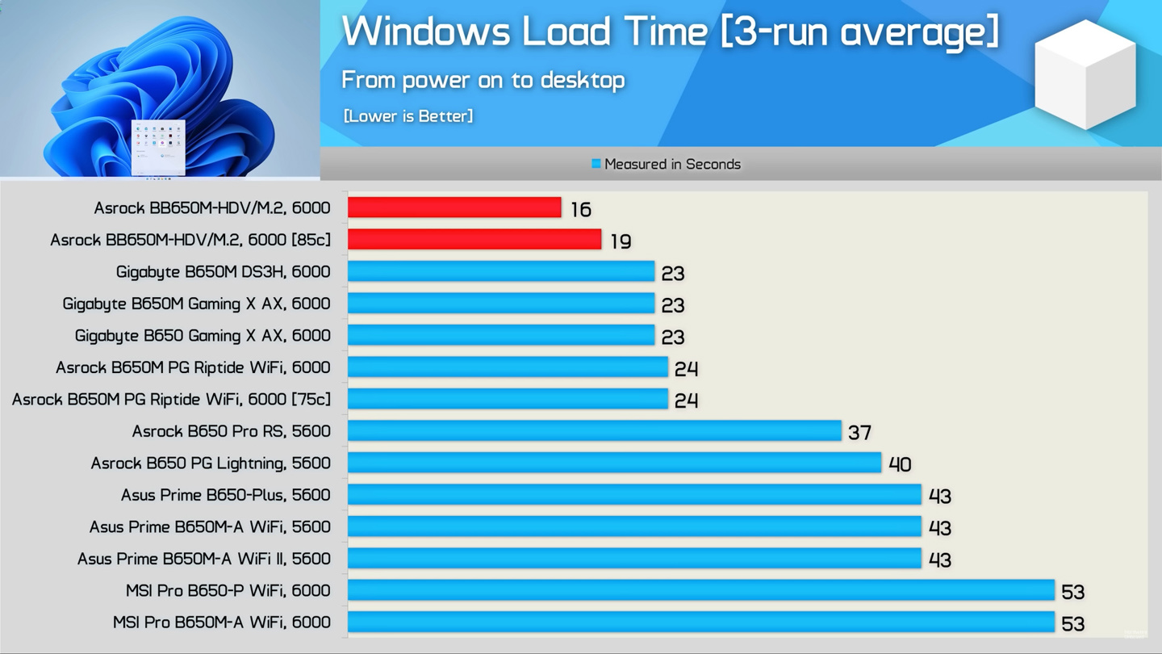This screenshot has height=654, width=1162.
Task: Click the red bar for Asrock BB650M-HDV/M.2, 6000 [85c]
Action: pyautogui.click(x=474, y=239)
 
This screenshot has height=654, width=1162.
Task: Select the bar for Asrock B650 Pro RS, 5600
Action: pyautogui.click(x=594, y=430)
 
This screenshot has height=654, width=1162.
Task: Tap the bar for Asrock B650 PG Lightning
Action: pyautogui.click(x=614, y=463)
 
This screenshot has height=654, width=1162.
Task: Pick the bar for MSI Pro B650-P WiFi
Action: pyautogui.click(x=700, y=590)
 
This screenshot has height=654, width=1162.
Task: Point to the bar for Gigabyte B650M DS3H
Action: pyautogui.click(x=500, y=271)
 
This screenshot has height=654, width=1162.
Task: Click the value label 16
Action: pyautogui.click(x=581, y=210)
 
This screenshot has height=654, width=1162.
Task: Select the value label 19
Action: pyautogui.click(x=621, y=241)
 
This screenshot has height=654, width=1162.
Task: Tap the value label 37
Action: pyautogui.click(x=859, y=433)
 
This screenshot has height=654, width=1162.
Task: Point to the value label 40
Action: pyautogui.click(x=900, y=464)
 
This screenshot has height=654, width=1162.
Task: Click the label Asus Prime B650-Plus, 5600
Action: pyautogui.click(x=226, y=495)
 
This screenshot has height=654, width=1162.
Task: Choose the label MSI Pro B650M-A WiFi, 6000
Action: pyautogui.click(x=222, y=623)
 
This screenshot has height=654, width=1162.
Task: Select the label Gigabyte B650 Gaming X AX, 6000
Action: pyautogui.click(x=203, y=336)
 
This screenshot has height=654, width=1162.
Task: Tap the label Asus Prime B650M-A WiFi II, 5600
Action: pyautogui.click(x=204, y=559)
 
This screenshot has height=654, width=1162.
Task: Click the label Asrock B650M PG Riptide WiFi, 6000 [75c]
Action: pyautogui.click(x=171, y=400)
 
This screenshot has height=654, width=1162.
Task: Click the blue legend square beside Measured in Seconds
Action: pyautogui.click(x=596, y=164)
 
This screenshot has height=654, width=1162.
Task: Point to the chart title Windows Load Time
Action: pyautogui.click(x=670, y=32)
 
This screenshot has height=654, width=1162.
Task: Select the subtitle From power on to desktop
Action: pyautogui.click(x=483, y=80)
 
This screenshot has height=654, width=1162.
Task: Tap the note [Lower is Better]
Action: pyautogui.click(x=408, y=116)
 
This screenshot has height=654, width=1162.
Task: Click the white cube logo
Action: pyautogui.click(x=1085, y=74)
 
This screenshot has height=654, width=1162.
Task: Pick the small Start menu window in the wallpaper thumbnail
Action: pyautogui.click(x=158, y=146)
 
